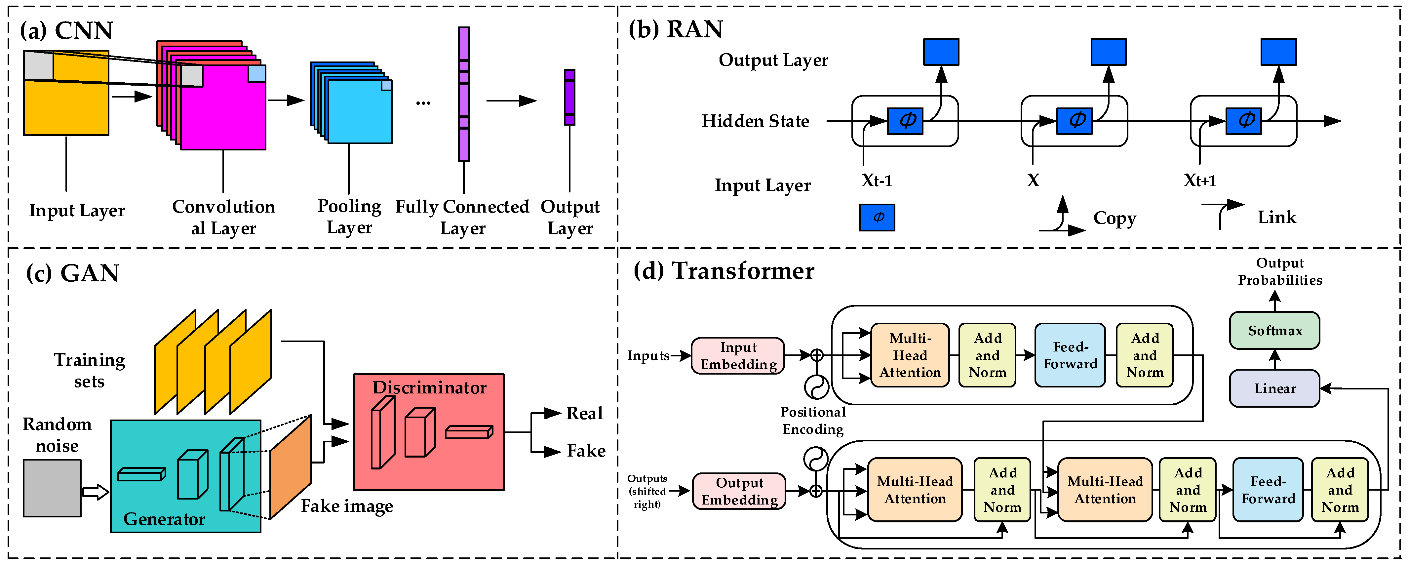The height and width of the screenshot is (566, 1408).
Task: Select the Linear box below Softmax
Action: [x=1274, y=388]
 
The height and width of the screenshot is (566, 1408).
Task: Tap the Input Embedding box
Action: [x=738, y=355]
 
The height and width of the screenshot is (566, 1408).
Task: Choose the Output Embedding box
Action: [x=739, y=491]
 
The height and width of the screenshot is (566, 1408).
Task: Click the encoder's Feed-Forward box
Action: [x=1070, y=355]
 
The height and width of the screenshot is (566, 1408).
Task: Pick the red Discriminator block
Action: [x=429, y=432]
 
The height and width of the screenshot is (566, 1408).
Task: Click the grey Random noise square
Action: [x=52, y=488]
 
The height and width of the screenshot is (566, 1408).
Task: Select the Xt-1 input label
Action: [x=877, y=181]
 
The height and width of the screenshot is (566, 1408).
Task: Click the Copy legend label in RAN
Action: [x=1115, y=218]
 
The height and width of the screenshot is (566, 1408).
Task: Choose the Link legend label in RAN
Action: [x=1276, y=217]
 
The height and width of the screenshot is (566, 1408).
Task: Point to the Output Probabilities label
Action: [x=1279, y=272]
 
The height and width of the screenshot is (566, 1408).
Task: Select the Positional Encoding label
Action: [x=813, y=421]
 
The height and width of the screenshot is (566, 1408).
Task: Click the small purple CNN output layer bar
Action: [x=569, y=97]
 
